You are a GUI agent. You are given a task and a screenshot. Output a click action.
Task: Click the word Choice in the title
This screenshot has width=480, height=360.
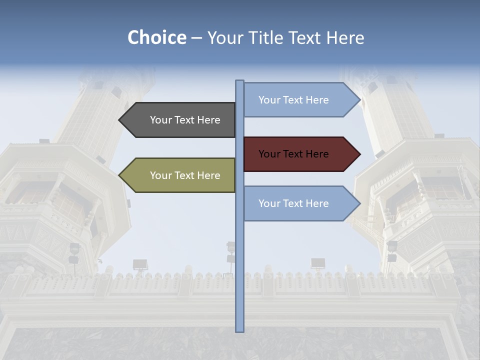[156, 37]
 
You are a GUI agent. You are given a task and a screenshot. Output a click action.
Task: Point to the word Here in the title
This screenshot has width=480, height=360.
[345, 37]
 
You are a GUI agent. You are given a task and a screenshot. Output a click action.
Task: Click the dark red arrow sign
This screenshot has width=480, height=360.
[300, 154]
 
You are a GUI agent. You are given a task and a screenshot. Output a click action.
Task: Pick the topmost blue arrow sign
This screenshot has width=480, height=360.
[300, 100]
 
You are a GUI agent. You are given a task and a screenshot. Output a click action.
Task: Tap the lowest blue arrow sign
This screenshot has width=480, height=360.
[300, 203]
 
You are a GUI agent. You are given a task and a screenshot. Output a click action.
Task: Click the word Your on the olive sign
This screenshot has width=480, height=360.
[161, 175]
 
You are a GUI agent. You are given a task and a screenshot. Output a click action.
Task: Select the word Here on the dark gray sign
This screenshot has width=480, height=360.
[208, 120]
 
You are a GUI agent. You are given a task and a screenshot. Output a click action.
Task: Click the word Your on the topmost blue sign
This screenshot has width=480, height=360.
[269, 100]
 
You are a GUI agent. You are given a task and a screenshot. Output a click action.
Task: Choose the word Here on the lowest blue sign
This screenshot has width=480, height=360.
[316, 203]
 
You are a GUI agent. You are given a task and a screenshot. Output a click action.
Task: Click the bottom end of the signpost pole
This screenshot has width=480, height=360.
[239, 330]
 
